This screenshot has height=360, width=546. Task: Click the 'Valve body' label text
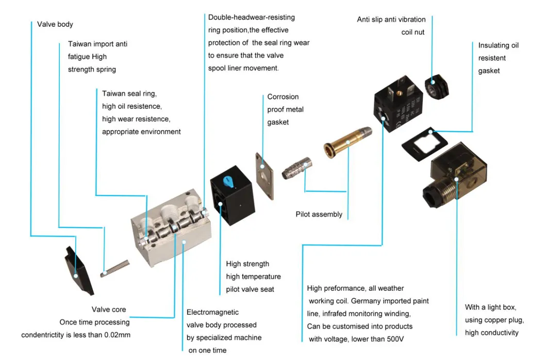[55, 24]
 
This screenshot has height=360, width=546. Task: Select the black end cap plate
[78, 271]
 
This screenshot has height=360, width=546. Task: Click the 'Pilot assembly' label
[319, 214]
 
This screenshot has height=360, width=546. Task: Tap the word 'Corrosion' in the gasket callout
[283, 97]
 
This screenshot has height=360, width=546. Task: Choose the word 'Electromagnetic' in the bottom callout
[212, 313]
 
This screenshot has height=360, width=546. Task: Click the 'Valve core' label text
[109, 309]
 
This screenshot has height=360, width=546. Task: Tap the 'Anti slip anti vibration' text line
[391, 20]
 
